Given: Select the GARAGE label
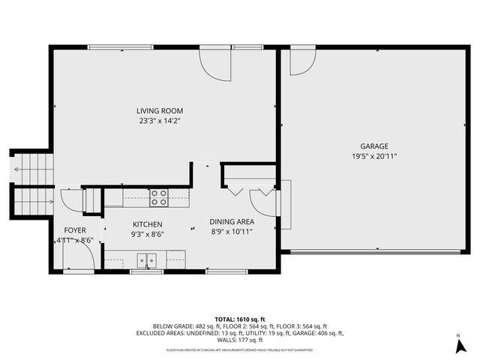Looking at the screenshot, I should (374, 146).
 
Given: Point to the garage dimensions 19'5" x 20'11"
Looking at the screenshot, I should (374, 156).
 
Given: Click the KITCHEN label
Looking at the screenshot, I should (148, 224).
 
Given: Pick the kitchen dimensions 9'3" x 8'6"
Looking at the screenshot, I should (148, 234).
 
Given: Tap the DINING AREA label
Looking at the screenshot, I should (231, 222).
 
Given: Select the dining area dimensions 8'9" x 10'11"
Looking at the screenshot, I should (231, 232).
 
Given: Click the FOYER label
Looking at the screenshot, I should (74, 230).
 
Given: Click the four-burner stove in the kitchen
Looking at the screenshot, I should (158, 197).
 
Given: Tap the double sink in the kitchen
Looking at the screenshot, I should (146, 260).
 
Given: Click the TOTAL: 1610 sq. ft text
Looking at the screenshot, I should (239, 319).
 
